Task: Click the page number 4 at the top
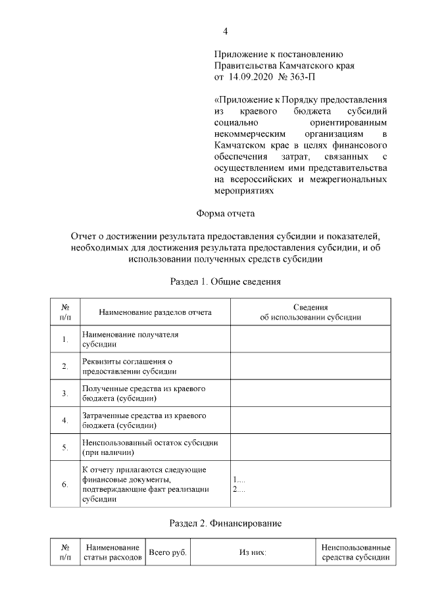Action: click(225, 31)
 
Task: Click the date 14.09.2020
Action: click(251, 77)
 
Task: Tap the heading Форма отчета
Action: click(225, 214)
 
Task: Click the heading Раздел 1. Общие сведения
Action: click(225, 283)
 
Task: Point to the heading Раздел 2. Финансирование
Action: click(225, 523)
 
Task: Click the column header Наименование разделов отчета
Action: click(155, 312)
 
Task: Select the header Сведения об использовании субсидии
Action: click(310, 312)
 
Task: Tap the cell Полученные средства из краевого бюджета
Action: click(143, 393)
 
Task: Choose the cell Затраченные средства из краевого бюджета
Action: click(144, 421)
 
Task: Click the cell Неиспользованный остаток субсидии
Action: click(150, 448)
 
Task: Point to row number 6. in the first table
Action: click(65, 485)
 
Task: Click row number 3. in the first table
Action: click(65, 394)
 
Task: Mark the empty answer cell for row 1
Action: click(310, 339)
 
